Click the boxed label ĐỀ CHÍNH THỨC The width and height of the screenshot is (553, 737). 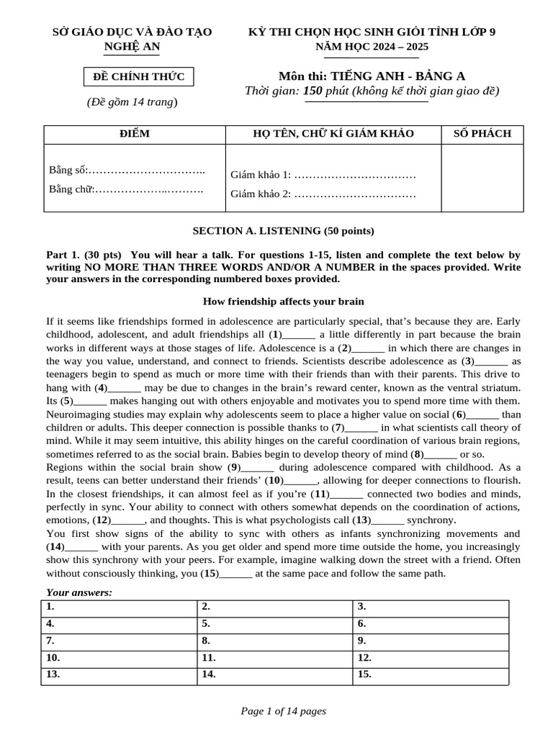(138, 76)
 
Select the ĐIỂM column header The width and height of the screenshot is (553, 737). (135, 134)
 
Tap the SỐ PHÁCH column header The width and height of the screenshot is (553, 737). (482, 134)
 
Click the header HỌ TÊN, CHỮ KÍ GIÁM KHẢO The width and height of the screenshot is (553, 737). (333, 134)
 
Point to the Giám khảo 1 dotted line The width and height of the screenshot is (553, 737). (356, 175)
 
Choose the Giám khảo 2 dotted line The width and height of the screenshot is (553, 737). (356, 194)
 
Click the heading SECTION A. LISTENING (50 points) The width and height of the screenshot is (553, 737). (283, 231)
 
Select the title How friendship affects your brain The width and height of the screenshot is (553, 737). (284, 302)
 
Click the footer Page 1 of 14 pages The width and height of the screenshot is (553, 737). (283, 711)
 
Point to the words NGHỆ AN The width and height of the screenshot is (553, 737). (132, 48)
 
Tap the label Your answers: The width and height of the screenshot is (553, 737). (79, 592)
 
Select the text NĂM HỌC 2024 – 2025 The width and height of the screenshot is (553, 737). (372, 47)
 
